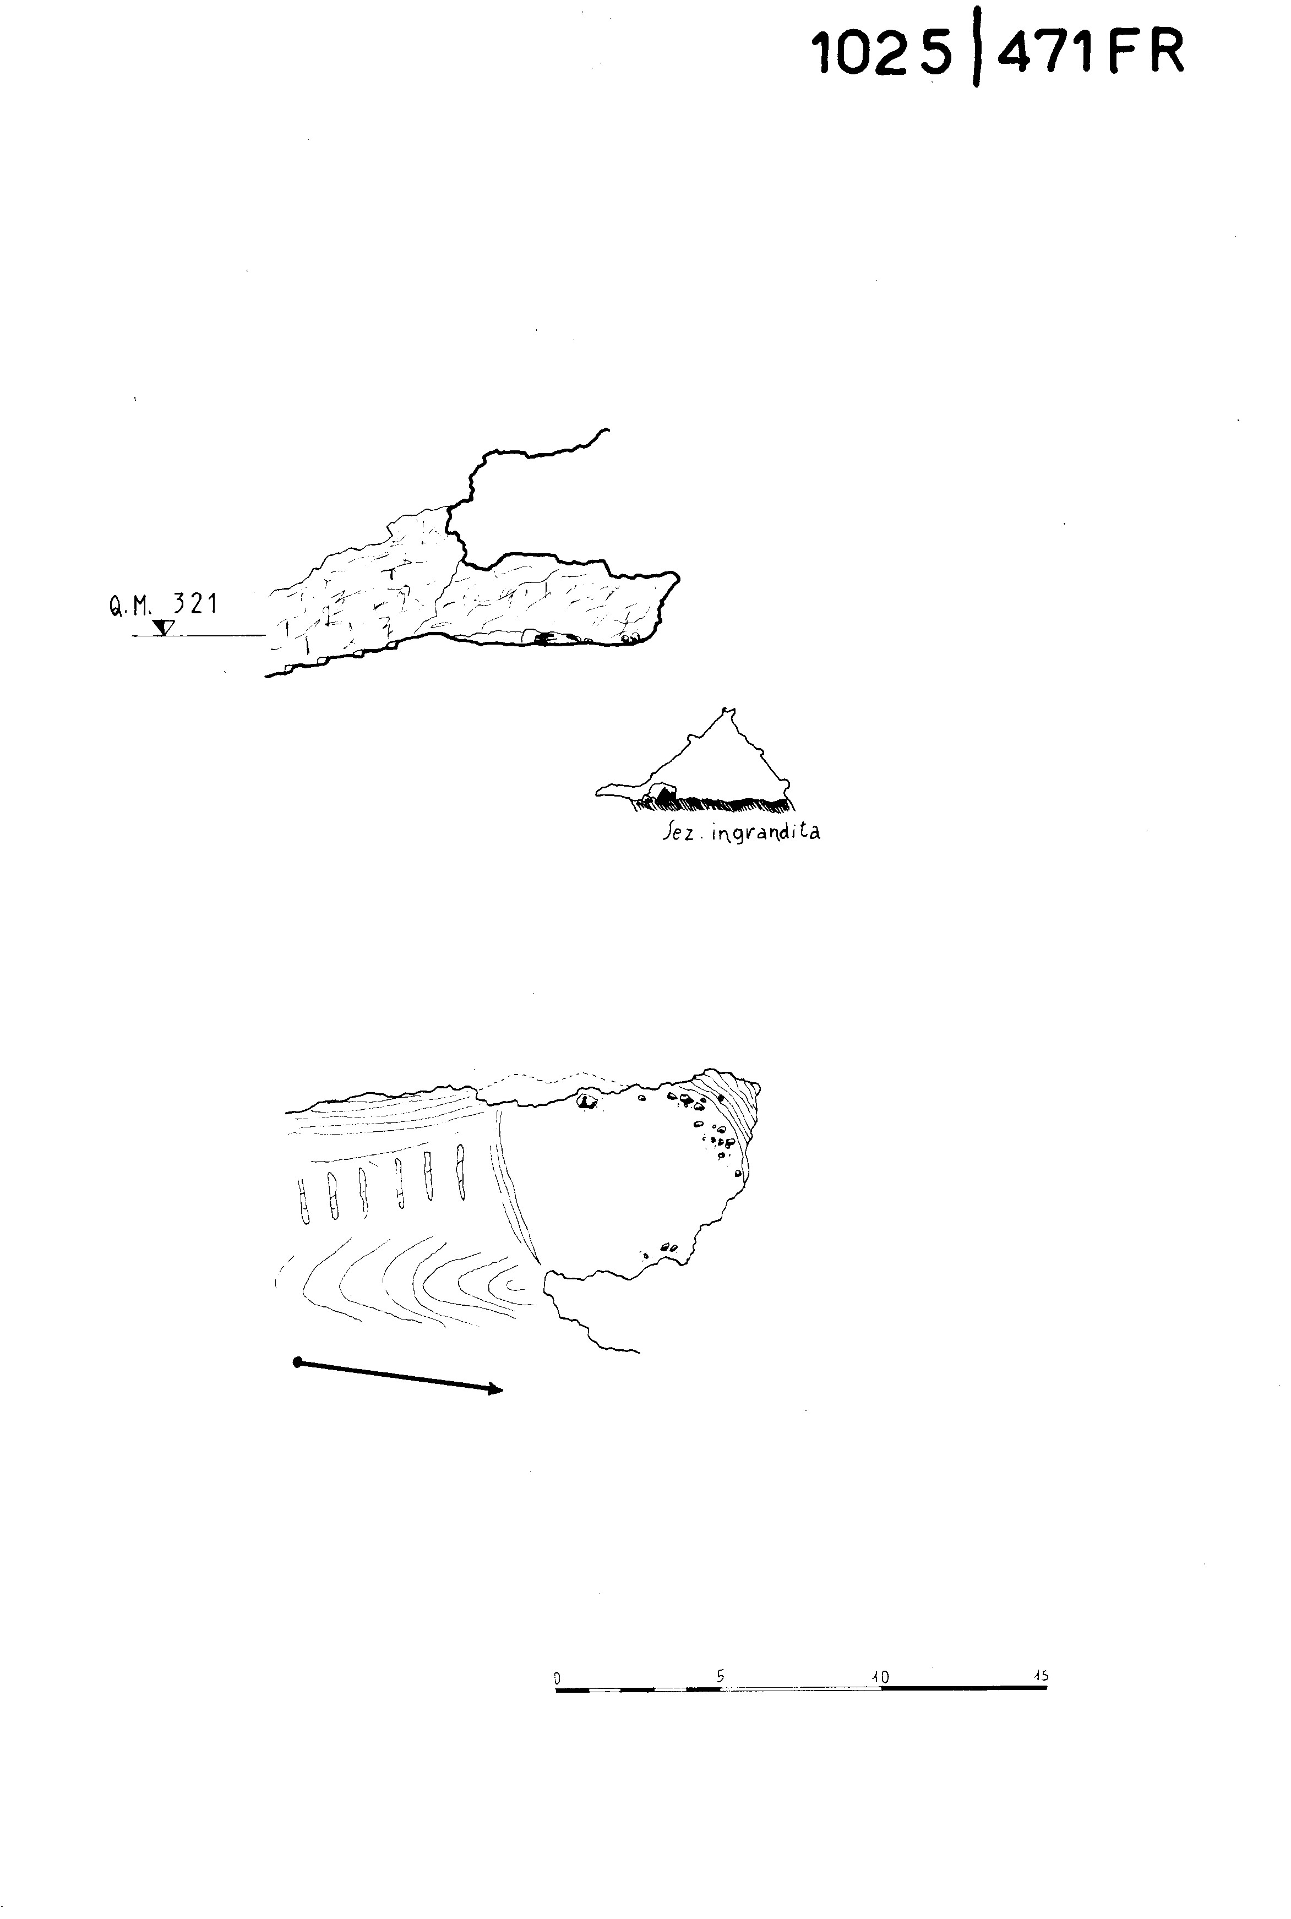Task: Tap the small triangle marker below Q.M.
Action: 164,628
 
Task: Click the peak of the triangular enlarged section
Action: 726,710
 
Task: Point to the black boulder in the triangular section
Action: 663,794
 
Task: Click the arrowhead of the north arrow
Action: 495,1391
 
